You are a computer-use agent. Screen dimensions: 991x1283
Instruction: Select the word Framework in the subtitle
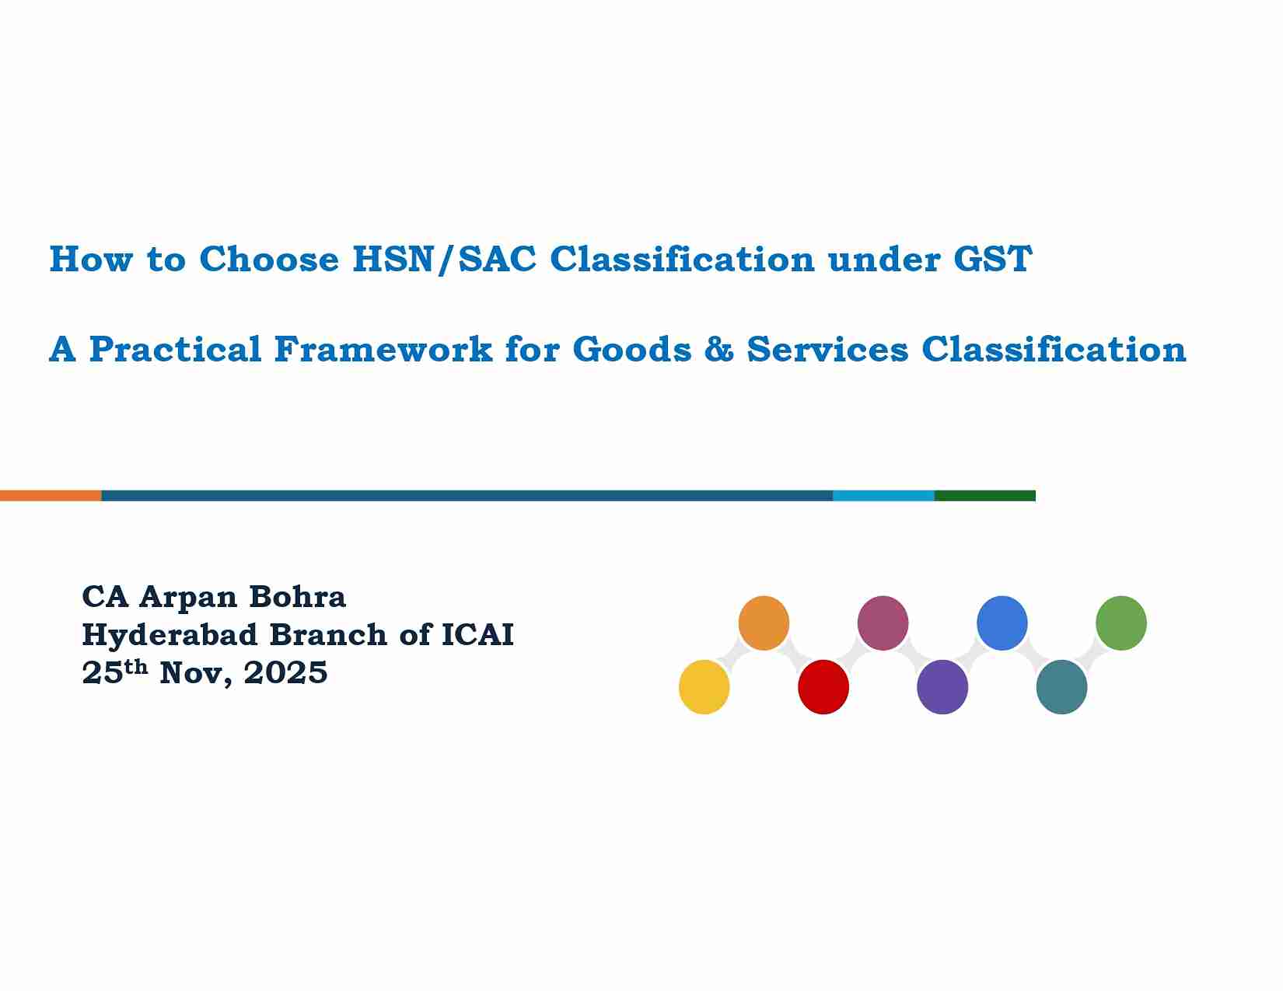coord(383,350)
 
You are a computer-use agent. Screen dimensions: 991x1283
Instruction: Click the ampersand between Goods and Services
coord(718,350)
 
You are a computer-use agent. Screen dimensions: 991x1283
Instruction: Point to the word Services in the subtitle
coord(827,350)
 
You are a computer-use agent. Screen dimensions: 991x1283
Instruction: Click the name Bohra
coord(297,597)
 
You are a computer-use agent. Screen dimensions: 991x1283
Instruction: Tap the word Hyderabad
coord(170,635)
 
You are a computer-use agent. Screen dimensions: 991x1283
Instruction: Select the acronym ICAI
coord(477,635)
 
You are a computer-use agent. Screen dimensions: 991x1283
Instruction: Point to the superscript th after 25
coord(136,667)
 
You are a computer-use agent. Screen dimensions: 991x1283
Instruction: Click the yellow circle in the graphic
coord(704,687)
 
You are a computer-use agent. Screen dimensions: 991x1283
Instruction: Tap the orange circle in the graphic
coord(764,623)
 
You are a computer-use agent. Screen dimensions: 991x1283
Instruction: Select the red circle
coord(823,687)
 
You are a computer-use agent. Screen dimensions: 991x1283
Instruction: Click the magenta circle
coord(883,623)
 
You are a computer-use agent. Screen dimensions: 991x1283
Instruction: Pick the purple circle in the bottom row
coord(942,687)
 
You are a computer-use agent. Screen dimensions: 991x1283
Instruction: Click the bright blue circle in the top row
coord(1002,623)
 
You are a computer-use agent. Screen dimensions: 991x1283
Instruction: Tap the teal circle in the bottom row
coord(1061,687)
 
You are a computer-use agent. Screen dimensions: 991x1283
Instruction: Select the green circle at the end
coord(1121,623)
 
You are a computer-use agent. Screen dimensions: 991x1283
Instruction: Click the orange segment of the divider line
coord(51,496)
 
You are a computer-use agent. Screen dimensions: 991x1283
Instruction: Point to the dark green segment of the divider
coord(984,496)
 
